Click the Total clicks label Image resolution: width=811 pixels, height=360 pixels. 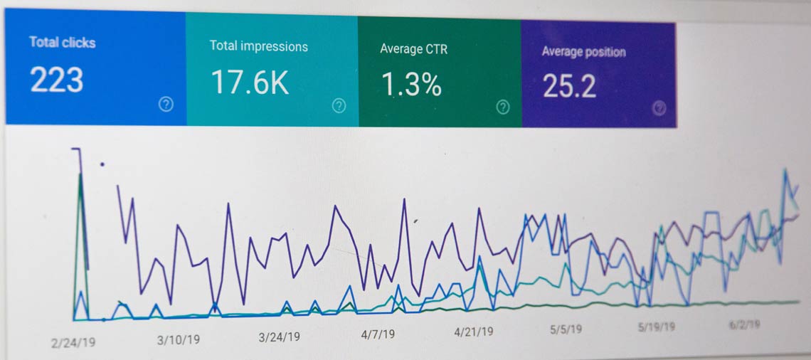[63, 42]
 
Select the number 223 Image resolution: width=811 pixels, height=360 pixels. [57, 80]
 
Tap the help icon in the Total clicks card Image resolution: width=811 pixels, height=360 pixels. [166, 105]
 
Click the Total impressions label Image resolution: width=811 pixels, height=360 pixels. [258, 46]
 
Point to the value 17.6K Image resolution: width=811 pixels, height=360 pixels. [250, 83]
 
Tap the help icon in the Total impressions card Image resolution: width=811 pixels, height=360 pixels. [339, 106]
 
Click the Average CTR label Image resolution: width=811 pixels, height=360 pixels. [413, 49]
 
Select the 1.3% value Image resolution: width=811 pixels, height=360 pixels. [411, 85]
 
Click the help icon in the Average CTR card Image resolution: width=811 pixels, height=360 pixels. [503, 107]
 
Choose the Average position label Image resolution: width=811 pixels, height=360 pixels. [583, 51]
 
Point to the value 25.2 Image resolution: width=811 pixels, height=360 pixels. [569, 85]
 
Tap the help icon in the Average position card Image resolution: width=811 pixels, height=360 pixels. [659, 107]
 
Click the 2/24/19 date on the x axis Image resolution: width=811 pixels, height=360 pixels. [73, 342]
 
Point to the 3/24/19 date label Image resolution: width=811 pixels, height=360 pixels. [279, 337]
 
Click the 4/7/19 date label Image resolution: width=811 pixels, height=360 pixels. [378, 333]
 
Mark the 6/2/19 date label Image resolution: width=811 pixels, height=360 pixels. [744, 324]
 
